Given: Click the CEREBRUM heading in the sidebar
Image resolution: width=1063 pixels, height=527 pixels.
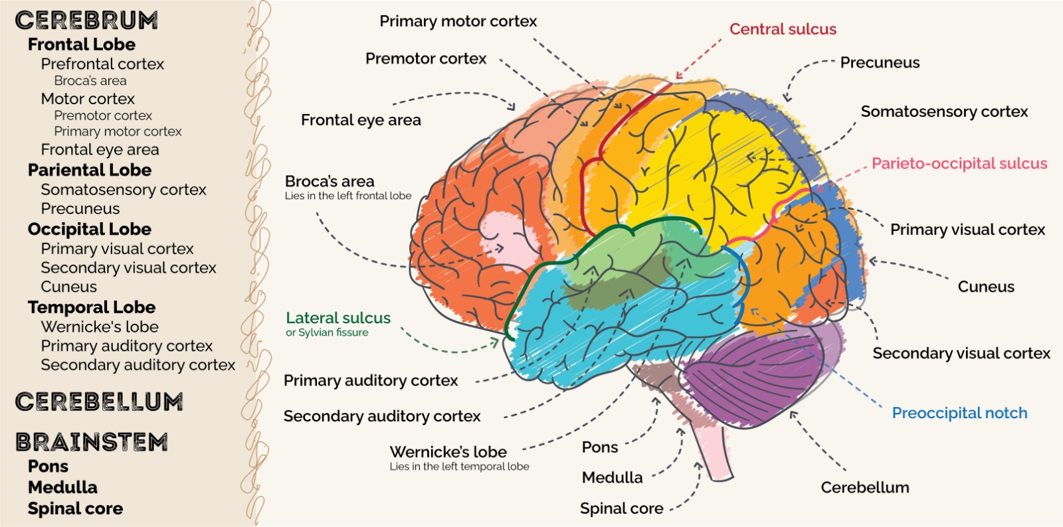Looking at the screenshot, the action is (x=86, y=21).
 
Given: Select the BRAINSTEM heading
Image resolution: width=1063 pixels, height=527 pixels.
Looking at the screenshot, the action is (x=92, y=442).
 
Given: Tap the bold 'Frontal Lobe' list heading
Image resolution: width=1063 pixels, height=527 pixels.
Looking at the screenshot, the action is (x=82, y=44).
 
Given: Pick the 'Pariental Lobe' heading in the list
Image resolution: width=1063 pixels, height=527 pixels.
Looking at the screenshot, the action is (x=90, y=170).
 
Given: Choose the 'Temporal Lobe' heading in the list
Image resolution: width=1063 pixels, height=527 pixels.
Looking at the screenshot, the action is (x=92, y=307).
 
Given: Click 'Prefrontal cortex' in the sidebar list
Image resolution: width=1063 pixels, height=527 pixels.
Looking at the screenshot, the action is (x=102, y=64).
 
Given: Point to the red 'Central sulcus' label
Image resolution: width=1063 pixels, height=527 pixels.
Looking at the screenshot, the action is (x=783, y=29).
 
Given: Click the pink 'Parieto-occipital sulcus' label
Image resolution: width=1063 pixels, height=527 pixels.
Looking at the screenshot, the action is (x=959, y=163).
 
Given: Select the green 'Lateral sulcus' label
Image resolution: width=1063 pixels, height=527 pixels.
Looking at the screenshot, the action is (x=338, y=317).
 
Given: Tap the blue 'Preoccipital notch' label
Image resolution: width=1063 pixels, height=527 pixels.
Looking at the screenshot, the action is (x=959, y=414).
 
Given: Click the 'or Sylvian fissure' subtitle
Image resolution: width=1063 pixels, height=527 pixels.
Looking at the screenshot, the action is (x=327, y=333).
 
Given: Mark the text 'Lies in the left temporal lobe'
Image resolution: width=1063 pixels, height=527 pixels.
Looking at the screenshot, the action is (x=459, y=467).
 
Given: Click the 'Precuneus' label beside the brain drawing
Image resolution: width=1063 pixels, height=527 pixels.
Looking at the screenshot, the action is (x=880, y=62).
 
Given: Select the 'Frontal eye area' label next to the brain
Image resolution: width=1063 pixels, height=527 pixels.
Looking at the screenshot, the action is (x=361, y=120).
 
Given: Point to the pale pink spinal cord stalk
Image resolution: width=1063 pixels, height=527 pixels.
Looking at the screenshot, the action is (x=714, y=453).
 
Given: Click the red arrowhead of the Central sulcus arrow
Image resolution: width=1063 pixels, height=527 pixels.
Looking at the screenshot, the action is (x=679, y=76).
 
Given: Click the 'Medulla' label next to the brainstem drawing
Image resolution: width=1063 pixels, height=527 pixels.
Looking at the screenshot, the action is (x=612, y=478).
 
